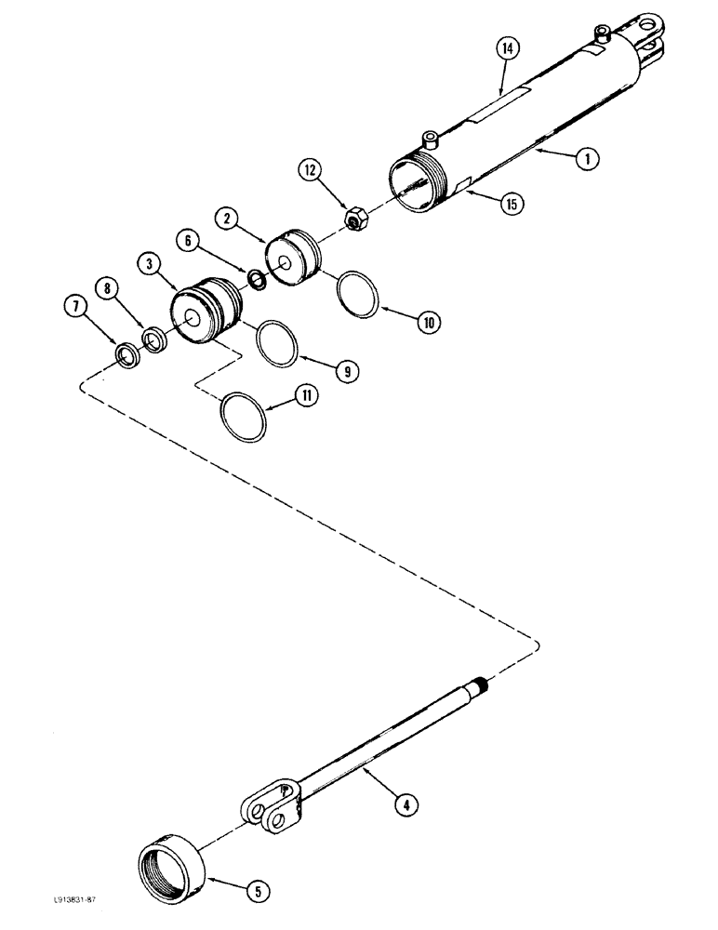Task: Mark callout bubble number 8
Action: coord(110,289)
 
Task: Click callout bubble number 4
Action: coord(402,806)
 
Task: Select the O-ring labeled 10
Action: coord(357,295)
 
